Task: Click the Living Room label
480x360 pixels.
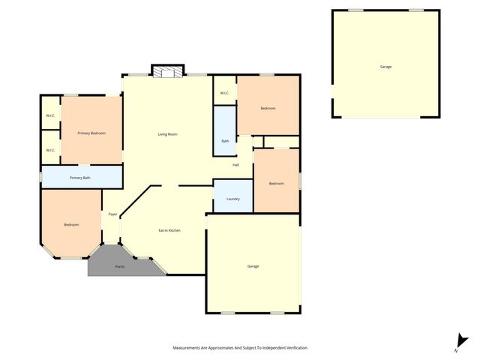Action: pyautogui.click(x=167, y=134)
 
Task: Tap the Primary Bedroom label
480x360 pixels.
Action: pyautogui.click(x=91, y=133)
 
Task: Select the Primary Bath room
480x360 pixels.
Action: pyautogui.click(x=80, y=178)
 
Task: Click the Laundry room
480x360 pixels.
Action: pyautogui.click(x=232, y=198)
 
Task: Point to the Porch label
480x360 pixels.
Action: pyautogui.click(x=119, y=267)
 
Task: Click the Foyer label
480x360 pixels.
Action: pyautogui.click(x=112, y=214)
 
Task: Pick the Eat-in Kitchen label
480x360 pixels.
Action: pyautogui.click(x=169, y=230)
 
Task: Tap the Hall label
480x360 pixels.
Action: pyautogui.click(x=235, y=165)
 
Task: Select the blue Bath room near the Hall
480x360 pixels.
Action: pyautogui.click(x=225, y=140)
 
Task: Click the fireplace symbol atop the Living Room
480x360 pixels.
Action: pyautogui.click(x=167, y=71)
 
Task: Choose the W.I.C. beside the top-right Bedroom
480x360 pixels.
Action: pyautogui.click(x=225, y=93)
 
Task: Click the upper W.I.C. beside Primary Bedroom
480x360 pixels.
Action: pyautogui.click(x=50, y=115)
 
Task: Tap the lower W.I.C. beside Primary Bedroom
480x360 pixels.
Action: pyautogui.click(x=50, y=150)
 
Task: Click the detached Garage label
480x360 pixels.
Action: pyautogui.click(x=385, y=67)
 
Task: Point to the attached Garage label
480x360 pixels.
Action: pyautogui.click(x=253, y=266)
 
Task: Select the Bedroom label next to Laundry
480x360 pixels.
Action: pyautogui.click(x=276, y=184)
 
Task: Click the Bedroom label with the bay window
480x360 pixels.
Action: pyautogui.click(x=71, y=225)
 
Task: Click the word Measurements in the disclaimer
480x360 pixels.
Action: pyautogui.click(x=188, y=348)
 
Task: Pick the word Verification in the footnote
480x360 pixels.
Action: pyautogui.click(x=293, y=348)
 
